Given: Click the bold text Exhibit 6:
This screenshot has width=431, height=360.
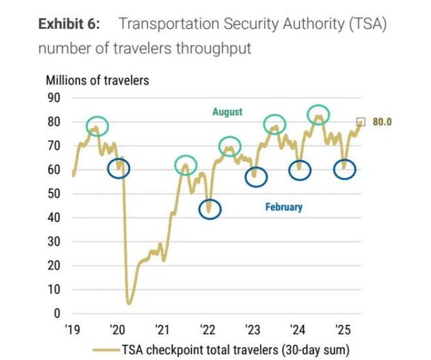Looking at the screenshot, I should point(71,24).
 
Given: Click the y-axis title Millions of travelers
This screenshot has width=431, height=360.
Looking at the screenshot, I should point(97,80).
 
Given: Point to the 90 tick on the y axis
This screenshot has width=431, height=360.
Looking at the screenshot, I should point(54,97).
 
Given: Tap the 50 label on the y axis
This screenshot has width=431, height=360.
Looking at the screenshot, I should point(54,194).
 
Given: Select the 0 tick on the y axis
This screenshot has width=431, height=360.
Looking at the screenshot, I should point(56,314).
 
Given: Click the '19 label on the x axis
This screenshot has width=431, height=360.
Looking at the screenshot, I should point(73,329).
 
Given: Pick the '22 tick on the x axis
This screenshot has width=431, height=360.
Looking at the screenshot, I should point(208,329).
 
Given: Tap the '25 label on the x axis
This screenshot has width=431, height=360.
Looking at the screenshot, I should point(343,329).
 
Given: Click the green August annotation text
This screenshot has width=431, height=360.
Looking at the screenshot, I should point(227,112).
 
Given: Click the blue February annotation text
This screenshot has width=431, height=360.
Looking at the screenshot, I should point(283,207).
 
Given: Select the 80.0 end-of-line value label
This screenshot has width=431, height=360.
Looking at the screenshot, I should point(382,122).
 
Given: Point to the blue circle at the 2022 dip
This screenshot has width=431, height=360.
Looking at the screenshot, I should point(210,209).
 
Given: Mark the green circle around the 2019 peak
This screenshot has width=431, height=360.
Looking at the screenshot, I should point(97,126).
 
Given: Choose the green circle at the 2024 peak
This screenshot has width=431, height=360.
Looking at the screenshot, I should point(319,114).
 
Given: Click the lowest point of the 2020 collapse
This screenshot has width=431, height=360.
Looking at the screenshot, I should point(129,303).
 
